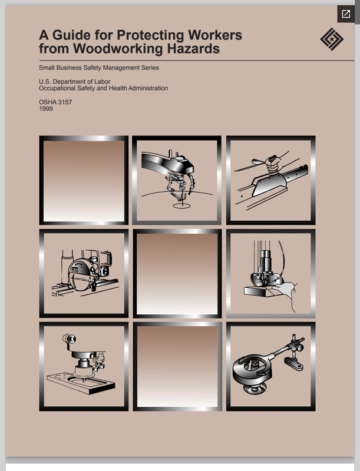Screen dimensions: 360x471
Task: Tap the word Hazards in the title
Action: pyautogui.click(x=193, y=49)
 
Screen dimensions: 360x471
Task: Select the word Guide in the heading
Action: pyautogui.click(x=71, y=35)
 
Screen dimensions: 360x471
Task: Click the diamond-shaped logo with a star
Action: pyautogui.click(x=332, y=39)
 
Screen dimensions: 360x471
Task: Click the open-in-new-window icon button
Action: pyautogui.click(x=346, y=14)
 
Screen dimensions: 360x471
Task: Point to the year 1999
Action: pyautogui.click(x=46, y=109)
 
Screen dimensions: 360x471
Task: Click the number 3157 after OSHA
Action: pyautogui.click(x=64, y=102)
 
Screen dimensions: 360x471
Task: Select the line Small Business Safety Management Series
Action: pyautogui.click(x=99, y=68)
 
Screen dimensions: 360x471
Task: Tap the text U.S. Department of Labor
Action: pyautogui.click(x=74, y=82)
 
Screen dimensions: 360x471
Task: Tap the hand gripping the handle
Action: pyautogui.click(x=274, y=165)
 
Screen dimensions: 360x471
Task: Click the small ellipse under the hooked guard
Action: pyautogui.click(x=181, y=206)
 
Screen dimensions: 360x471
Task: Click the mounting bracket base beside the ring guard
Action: pyautogui.click(x=294, y=364)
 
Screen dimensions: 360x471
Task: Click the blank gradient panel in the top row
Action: pyautogui.click(x=84, y=181)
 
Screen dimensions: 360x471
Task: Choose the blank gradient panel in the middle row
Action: pyautogui.click(x=177, y=274)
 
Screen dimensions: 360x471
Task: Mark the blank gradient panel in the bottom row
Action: pyautogui.click(x=177, y=366)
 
